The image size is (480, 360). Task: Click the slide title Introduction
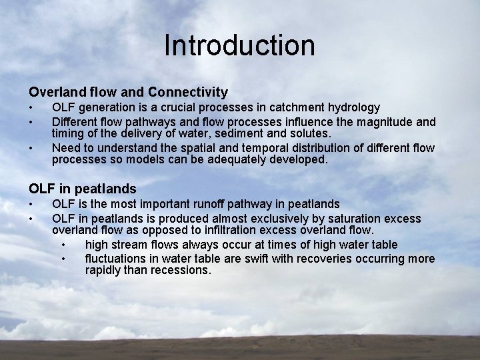coord(239,46)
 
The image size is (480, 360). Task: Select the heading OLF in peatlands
coord(82,189)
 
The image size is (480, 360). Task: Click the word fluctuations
coord(117,259)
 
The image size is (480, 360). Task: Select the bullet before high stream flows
coord(64,245)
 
